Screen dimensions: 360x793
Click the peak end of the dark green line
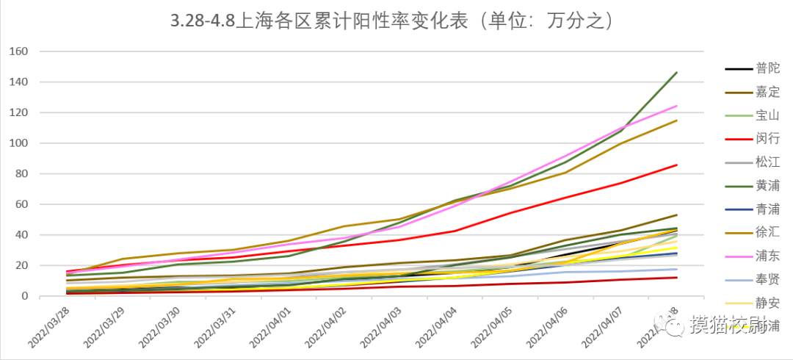[676, 72]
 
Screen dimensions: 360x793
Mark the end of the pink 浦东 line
[676, 106]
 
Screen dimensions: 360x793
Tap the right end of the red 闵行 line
[676, 165]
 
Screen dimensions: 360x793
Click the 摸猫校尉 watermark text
[728, 324]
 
